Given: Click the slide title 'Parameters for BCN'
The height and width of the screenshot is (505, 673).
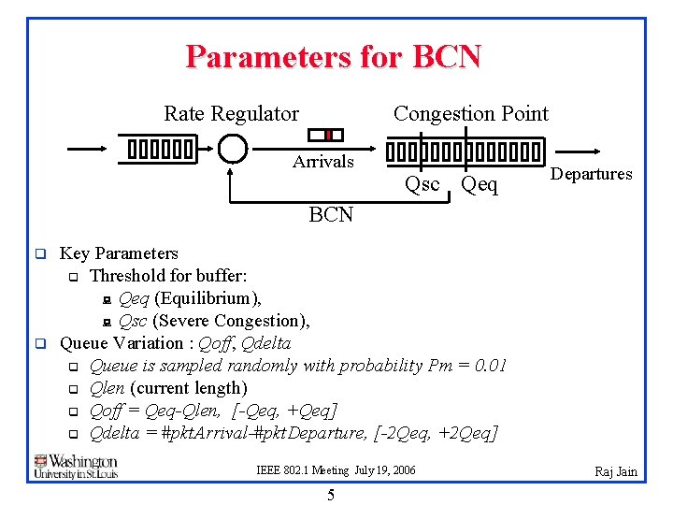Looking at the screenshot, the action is click(333, 57).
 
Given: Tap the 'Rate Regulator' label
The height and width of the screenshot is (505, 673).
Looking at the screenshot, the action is click(231, 114).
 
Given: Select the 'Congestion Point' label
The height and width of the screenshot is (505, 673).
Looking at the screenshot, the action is click(470, 114).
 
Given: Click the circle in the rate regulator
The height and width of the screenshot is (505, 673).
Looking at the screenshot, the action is click(232, 149).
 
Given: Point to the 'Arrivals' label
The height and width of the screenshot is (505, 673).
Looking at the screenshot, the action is click(322, 162).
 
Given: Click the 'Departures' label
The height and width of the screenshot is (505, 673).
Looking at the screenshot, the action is click(591, 174).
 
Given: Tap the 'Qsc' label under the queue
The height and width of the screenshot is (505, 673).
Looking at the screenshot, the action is click(422, 184).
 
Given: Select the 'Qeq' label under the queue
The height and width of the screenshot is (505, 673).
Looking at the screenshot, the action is click(480, 185).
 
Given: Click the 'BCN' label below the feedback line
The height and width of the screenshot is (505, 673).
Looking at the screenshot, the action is click(331, 215).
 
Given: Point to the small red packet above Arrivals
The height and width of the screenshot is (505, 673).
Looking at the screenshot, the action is click(327, 135).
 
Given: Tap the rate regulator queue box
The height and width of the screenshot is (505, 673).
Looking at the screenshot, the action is click(160, 149).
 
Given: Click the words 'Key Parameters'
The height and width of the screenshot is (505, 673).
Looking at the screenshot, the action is click(119, 253).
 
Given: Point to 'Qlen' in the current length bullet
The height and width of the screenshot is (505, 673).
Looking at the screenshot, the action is click(107, 388).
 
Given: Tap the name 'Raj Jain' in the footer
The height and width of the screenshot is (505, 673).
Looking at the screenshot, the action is click(616, 471).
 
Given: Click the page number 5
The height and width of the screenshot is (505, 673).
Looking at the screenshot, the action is click(331, 495).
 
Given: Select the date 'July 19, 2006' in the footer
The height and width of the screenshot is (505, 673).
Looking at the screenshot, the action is click(385, 470).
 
